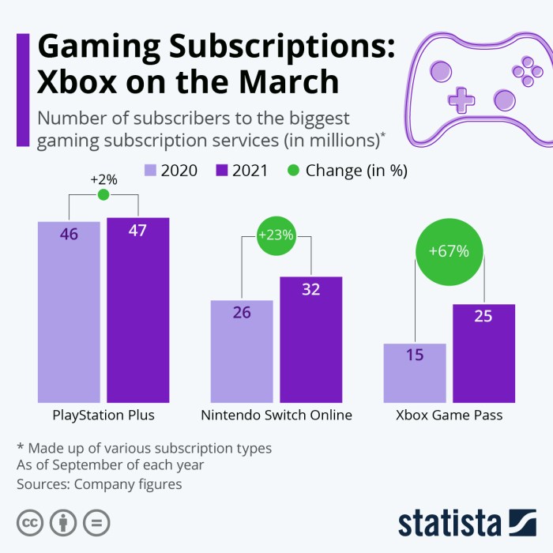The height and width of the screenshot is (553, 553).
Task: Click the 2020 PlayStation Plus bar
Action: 69,312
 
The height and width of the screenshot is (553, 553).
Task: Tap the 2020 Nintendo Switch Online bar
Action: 242,352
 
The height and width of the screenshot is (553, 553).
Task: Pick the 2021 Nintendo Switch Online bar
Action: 311,340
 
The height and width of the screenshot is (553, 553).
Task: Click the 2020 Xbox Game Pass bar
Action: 415,373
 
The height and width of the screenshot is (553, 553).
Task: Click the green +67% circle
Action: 449,252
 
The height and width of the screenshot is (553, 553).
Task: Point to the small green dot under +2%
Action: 103,195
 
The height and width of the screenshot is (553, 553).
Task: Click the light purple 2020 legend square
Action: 151,170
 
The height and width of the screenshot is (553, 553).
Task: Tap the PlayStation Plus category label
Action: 103,415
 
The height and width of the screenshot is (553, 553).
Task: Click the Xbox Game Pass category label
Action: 449,415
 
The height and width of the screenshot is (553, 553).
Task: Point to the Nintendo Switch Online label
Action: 276,415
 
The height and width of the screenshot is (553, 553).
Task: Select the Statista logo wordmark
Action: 450,523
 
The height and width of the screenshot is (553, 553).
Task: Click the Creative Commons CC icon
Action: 30,522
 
